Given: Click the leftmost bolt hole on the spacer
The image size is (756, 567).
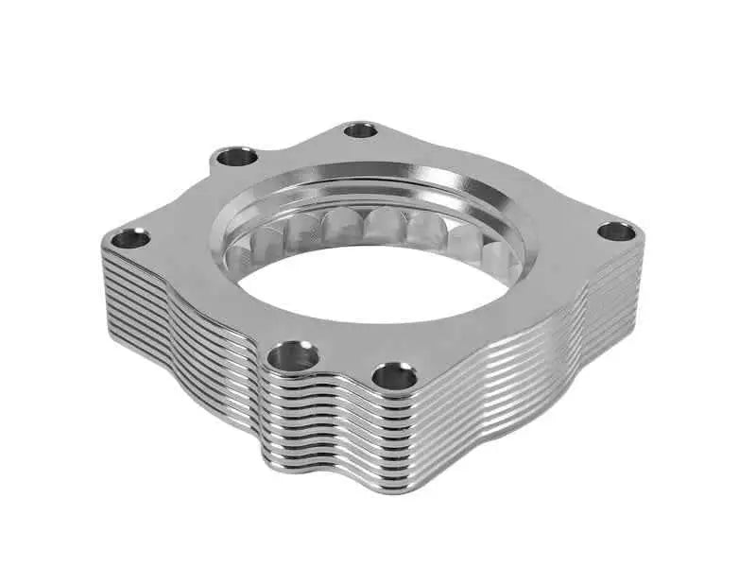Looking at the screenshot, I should click(x=131, y=238).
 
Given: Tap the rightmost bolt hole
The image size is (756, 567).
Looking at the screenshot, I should click(x=617, y=231).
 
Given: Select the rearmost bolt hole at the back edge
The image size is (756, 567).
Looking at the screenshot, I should click(x=360, y=129).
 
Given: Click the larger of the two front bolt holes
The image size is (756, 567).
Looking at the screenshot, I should click(x=292, y=357).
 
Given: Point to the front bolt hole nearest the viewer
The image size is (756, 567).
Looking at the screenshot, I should click(x=394, y=377).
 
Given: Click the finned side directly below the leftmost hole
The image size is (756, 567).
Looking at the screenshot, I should click(x=132, y=293).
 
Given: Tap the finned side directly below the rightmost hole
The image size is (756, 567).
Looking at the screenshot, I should click(x=614, y=293).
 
